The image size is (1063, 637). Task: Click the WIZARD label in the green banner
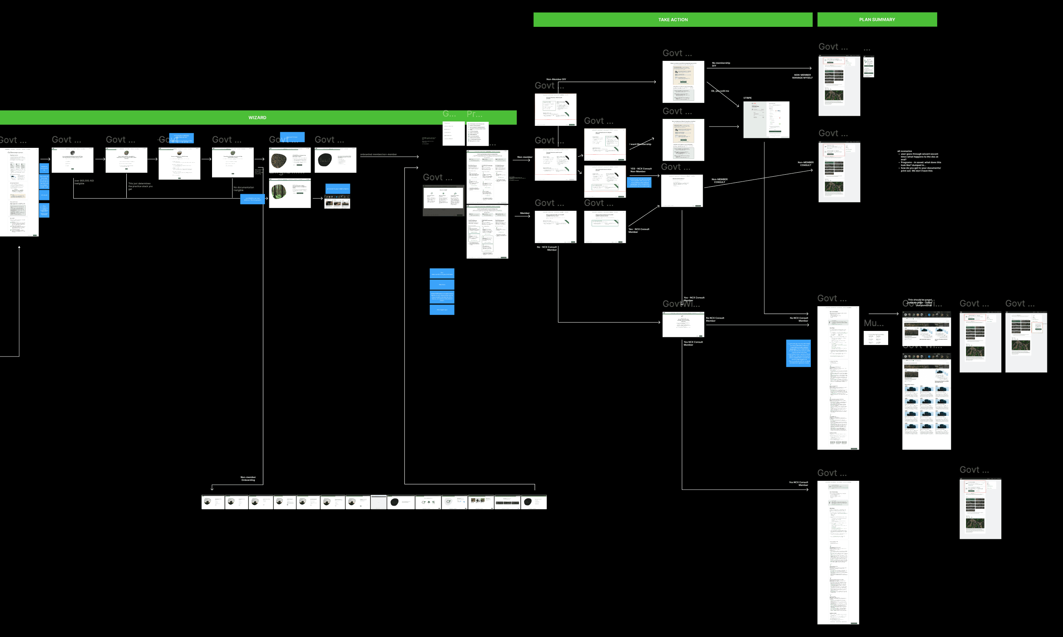tap(257, 118)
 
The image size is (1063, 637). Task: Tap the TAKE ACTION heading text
tap(673, 20)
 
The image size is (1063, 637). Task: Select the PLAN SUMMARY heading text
tap(877, 20)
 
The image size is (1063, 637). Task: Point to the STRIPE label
tap(748, 98)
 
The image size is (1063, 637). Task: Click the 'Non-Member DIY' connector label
tap(556, 79)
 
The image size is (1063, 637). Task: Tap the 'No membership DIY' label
tap(721, 65)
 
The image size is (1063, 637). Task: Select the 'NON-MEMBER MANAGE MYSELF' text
tap(802, 77)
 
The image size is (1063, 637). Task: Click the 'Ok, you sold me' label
tap(720, 91)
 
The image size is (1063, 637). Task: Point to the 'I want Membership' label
tap(640, 144)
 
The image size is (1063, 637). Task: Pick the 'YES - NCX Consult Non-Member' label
tap(641, 170)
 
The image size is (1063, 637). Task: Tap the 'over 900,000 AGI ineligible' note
tap(84, 182)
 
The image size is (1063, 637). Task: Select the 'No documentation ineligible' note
tap(243, 189)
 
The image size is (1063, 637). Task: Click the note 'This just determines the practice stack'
tap(140, 186)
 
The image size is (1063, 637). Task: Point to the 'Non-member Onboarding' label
tap(248, 479)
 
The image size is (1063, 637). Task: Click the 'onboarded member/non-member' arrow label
tap(378, 155)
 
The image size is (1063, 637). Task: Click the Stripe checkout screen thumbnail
tap(766, 120)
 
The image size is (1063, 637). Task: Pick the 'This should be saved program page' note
tap(919, 302)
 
